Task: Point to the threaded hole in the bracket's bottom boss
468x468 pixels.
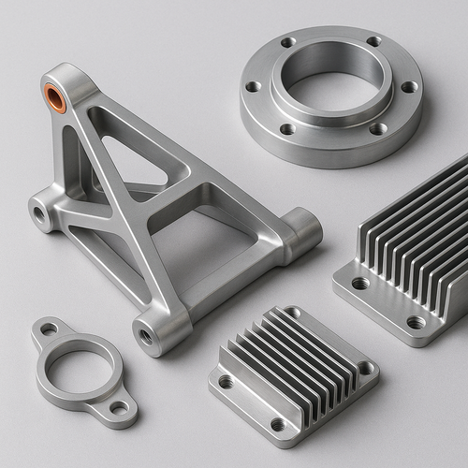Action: pos(147,334)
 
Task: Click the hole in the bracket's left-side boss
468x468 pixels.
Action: pos(40,213)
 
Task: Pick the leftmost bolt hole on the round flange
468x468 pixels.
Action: pos(253,87)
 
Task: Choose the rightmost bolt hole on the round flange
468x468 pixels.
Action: pos(409,87)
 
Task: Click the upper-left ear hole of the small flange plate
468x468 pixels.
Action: pos(48,329)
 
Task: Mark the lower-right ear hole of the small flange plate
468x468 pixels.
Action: pos(119,408)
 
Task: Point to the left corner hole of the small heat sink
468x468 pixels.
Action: pos(226,382)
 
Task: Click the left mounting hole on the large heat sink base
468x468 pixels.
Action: pos(359,283)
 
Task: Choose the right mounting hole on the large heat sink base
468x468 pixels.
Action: pos(416,323)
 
